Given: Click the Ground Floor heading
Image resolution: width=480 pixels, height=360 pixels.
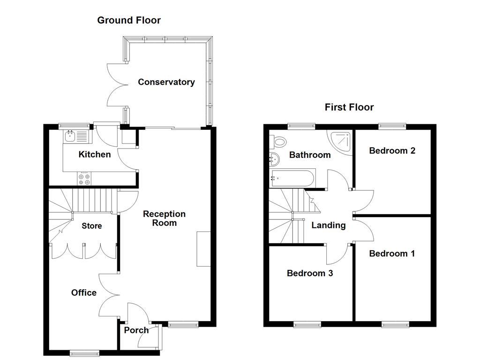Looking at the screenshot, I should [x=129, y=20].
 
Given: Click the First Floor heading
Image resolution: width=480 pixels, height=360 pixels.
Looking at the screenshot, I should [x=349, y=107].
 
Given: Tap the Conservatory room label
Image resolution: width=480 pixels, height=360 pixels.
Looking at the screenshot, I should [x=166, y=82].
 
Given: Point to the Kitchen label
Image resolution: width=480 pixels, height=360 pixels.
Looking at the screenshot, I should [x=95, y=154].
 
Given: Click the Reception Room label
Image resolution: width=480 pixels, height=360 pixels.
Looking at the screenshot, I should [x=164, y=218].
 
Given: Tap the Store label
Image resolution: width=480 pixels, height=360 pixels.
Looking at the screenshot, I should [x=91, y=226].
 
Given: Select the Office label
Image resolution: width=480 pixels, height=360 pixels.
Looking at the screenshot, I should [x=84, y=292].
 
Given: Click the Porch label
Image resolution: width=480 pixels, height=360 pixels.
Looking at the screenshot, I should [x=136, y=330].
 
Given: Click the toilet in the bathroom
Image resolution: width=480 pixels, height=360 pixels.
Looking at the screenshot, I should [x=280, y=141].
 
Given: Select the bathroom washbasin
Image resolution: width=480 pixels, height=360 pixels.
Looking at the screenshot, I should [x=274, y=158].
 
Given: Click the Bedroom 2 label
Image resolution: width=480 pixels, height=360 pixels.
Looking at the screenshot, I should [x=392, y=150].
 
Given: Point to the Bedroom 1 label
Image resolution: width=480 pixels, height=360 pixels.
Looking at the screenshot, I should [x=392, y=254].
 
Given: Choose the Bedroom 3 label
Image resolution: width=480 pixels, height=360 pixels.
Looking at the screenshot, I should [x=310, y=273].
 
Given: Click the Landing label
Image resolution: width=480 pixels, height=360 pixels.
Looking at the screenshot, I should [x=329, y=225].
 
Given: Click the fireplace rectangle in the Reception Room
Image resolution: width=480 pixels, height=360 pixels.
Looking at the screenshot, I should [x=203, y=249].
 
